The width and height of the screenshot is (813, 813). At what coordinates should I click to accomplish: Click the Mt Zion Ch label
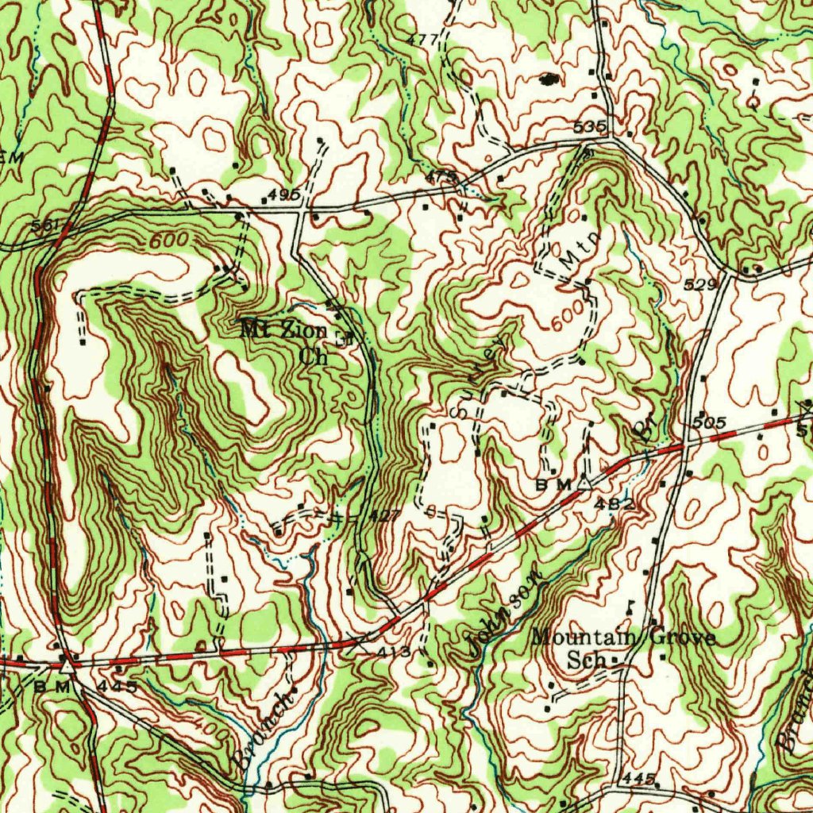(286, 341)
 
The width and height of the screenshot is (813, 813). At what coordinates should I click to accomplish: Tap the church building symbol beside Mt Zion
(342, 337)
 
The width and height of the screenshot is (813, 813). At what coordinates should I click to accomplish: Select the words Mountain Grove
(624, 638)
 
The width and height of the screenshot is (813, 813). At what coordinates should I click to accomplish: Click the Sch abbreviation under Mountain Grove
(587, 660)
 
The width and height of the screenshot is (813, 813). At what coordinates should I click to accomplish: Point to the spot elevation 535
(590, 127)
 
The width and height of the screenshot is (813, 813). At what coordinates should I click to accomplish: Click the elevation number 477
(423, 39)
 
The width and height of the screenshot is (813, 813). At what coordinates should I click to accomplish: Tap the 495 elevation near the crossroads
(283, 195)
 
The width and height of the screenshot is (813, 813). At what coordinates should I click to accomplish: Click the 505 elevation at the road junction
(709, 422)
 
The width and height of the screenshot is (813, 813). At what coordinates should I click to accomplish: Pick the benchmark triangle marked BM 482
(585, 481)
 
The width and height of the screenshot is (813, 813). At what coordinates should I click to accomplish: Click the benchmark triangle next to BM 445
(69, 665)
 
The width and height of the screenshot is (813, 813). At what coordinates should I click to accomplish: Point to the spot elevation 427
(385, 515)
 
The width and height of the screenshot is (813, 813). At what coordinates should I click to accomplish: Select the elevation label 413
(395, 652)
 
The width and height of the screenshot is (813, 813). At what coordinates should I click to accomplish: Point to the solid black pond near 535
(548, 79)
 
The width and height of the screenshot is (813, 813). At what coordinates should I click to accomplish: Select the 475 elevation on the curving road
(441, 175)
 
